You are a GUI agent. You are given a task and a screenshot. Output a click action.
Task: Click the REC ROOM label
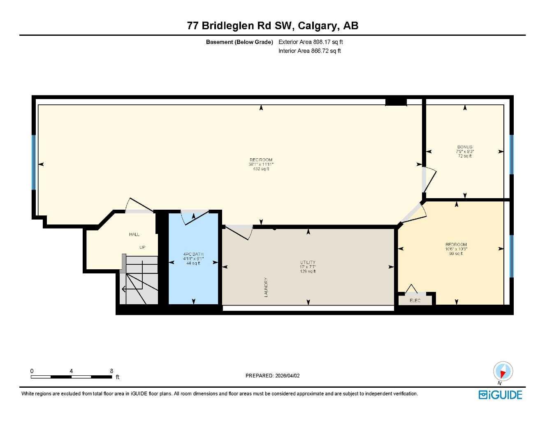click(261, 160)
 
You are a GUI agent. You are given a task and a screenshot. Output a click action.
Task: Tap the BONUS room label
click(465, 147)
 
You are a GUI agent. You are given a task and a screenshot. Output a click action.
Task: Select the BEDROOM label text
click(456, 245)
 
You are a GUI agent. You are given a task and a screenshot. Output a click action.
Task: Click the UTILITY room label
click(308, 262)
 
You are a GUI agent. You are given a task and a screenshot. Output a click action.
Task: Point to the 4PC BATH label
click(193, 254)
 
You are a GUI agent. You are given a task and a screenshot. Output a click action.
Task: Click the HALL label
click(135, 234)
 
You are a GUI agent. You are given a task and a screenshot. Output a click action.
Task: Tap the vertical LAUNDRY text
click(266, 287)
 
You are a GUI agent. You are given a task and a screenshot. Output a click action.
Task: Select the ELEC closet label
click(415, 301)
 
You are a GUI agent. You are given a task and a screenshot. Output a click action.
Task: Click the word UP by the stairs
click(142, 248)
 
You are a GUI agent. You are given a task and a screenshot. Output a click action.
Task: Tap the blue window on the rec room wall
click(34, 162)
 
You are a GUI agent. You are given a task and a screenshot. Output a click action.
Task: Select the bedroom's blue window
click(511, 256)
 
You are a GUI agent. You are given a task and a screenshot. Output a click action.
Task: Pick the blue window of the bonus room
click(511, 155)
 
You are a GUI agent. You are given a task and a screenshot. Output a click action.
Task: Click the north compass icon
click(503, 372)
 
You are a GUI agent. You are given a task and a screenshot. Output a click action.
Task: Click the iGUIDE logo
click(500, 395)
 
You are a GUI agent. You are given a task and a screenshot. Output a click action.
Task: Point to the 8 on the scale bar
click(111, 371)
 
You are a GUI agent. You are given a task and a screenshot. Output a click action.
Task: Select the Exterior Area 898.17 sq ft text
click(311, 42)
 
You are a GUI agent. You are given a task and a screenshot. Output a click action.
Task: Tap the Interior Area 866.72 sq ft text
click(309, 51)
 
